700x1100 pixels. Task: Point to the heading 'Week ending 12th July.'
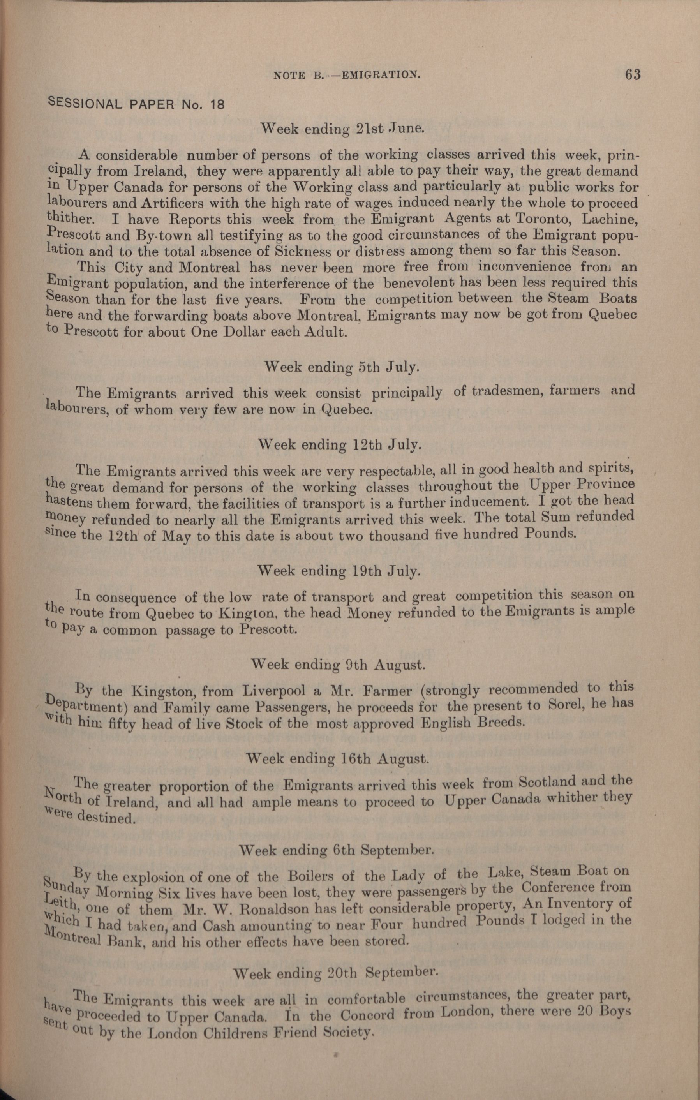pos(340,444)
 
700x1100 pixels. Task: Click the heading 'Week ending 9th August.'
pos(339,665)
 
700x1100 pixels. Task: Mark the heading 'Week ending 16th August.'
pos(338,759)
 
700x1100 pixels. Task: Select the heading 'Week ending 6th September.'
pos(336,850)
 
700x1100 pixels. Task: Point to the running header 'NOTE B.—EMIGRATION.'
pos(346,76)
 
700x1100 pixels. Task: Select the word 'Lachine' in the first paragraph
pos(608,219)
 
